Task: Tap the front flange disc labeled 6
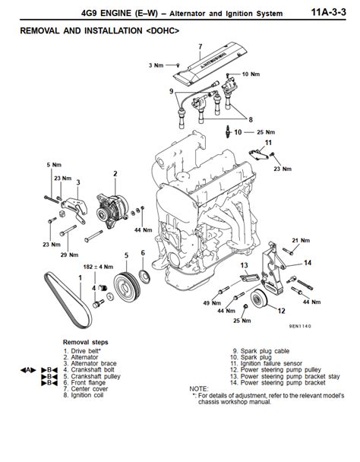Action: [x=142, y=280]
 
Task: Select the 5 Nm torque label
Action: [x=53, y=165]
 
